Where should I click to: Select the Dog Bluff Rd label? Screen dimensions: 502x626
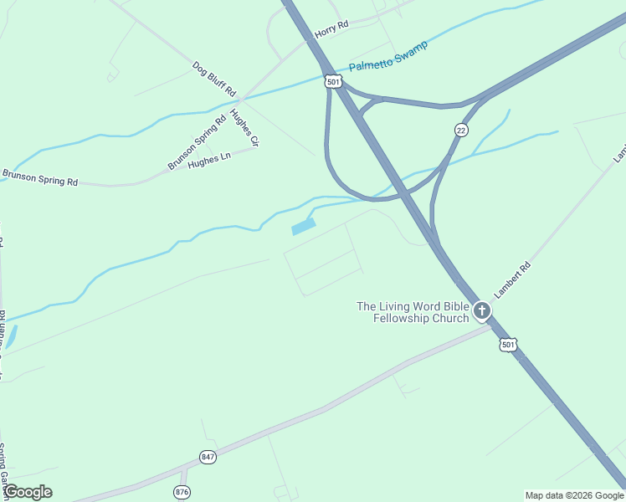214,78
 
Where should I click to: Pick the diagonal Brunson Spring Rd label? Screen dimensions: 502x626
197,142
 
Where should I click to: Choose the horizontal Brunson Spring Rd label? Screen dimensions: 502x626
39,177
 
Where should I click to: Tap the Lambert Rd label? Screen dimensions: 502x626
513,281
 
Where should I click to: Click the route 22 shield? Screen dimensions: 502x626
461,130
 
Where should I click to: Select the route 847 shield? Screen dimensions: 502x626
208,457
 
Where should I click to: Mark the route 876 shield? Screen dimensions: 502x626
182,491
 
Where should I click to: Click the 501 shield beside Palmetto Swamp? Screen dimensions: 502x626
334,81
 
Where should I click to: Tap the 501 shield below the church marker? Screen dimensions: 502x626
508,345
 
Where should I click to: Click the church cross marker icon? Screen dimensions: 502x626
481,311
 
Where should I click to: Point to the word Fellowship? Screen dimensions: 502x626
396,318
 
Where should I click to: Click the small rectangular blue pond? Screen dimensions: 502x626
303,226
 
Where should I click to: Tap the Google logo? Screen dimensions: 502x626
28,492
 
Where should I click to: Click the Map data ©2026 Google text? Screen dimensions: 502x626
574,495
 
